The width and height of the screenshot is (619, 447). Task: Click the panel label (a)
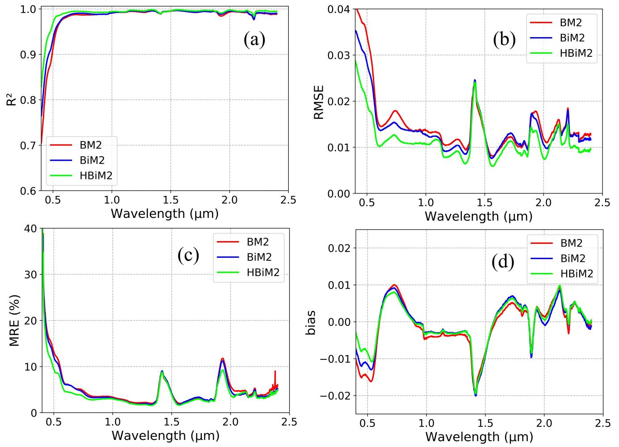254,40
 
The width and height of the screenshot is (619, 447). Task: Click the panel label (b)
504,40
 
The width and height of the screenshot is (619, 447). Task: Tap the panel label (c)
188,255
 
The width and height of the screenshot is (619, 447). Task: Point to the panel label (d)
503,262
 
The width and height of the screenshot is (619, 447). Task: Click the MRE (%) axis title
15,320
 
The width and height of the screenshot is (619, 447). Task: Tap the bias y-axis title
311,321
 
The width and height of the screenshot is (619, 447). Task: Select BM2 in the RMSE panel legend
571,21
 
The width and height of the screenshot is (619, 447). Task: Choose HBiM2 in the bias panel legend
577,273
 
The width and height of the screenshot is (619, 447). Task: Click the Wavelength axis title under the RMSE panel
478,217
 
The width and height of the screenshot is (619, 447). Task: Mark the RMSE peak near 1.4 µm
475,81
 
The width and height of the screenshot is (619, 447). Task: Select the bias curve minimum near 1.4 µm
476,396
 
